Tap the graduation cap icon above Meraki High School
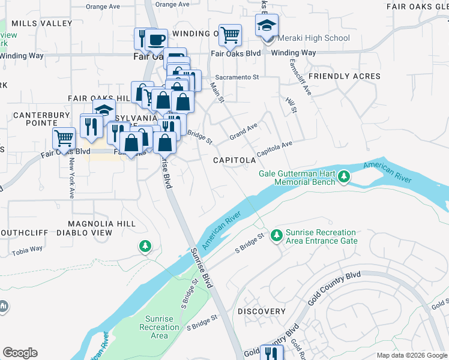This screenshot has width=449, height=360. pyautogui.click(x=267, y=25)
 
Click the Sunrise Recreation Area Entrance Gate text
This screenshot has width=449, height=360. pyautogui.click(x=321, y=236)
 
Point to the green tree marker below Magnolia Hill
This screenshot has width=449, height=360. pyautogui.click(x=145, y=246)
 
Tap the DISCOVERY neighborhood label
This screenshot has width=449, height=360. pyautogui.click(x=261, y=311)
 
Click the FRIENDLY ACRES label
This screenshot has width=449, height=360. pyautogui.click(x=344, y=76)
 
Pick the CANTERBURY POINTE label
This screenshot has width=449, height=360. pyautogui.click(x=38, y=119)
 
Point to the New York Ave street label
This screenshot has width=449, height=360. pyautogui.click(x=71, y=178)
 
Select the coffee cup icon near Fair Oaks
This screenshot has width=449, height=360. pyautogui.click(x=157, y=40)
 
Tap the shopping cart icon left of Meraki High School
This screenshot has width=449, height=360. pyautogui.click(x=230, y=35)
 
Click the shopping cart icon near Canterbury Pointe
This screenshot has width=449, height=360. pyautogui.click(x=64, y=139)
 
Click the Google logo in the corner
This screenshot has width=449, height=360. pyautogui.click(x=20, y=352)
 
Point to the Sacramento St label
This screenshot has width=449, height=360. pyautogui.click(x=237, y=77)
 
